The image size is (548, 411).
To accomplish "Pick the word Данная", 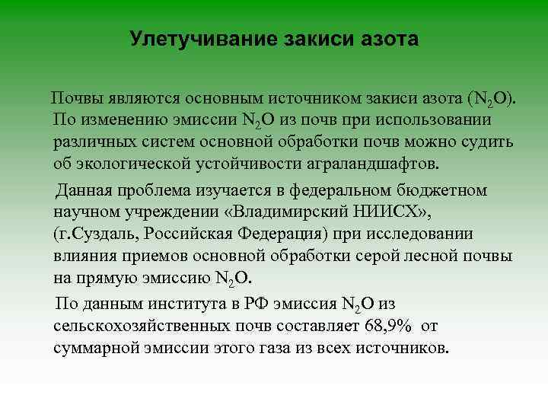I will pos(84,190).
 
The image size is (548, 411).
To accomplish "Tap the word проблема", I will pos(155,190).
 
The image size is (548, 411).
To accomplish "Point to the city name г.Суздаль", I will pos(90,233).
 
